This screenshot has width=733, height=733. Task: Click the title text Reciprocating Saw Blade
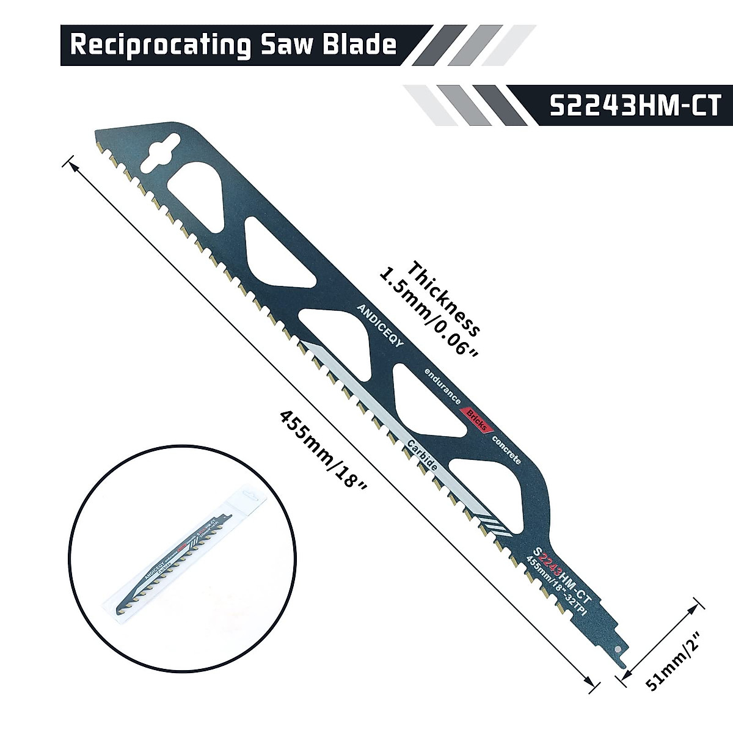click(x=233, y=45)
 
